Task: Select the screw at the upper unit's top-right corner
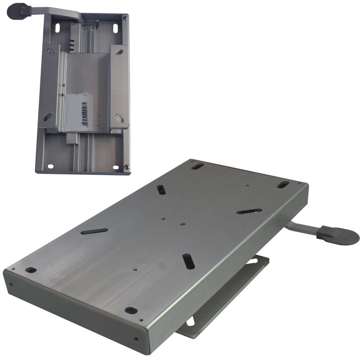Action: pos(125,16)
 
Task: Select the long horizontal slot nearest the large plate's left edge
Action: pos(94,231)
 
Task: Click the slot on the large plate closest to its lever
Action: pos(249,211)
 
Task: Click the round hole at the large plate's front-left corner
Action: pos(31,270)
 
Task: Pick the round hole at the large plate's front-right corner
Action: pos(131,310)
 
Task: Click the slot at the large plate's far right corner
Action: pos(283,184)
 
